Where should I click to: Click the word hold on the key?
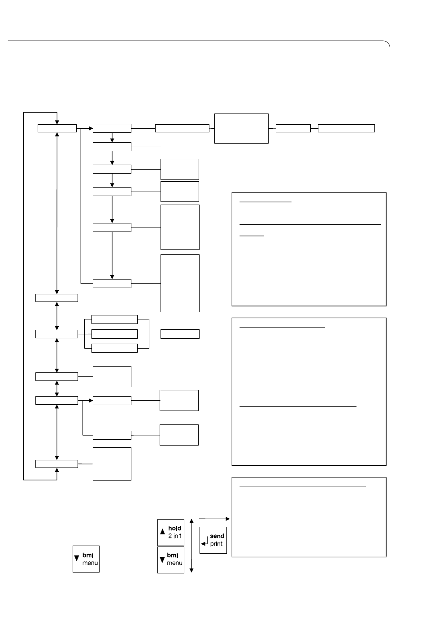(174, 528)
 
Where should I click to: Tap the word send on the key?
(217, 536)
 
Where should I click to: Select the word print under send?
(216, 544)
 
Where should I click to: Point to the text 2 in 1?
(175, 536)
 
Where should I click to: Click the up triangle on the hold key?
(162, 532)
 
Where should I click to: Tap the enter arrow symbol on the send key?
(204, 541)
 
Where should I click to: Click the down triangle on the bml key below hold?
(162, 560)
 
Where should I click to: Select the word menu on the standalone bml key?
(90, 563)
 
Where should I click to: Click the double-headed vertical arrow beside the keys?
(191, 546)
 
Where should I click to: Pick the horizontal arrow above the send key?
(214, 519)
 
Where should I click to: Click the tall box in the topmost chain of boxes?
(241, 128)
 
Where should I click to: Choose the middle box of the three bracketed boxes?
(115, 334)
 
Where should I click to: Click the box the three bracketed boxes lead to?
(180, 334)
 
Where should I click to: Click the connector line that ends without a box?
(146, 147)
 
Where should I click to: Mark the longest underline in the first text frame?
(310, 224)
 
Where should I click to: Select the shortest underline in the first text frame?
(252, 236)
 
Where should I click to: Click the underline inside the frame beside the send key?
(303, 487)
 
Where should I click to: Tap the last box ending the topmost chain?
(346, 128)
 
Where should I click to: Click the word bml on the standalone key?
(88, 555)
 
